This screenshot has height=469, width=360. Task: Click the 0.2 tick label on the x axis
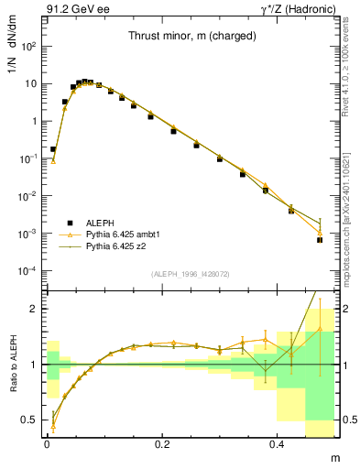[162, 442]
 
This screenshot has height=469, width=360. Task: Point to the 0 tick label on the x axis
[47, 442]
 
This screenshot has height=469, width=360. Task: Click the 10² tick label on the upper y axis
[29, 46]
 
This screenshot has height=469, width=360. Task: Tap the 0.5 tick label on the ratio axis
[30, 420]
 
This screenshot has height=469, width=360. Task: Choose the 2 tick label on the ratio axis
[35, 309]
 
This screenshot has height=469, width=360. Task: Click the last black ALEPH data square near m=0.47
[320, 239]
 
